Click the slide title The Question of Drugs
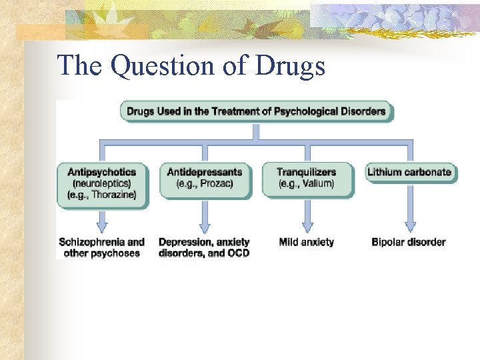tap(191, 66)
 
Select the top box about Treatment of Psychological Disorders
tap(256, 111)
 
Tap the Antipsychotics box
tap(102, 183)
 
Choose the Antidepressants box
tap(205, 178)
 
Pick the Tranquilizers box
tap(307, 178)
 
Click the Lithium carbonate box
tap(409, 172)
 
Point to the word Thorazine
tap(114, 195)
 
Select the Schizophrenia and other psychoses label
tap(101, 247)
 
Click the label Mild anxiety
tap(306, 242)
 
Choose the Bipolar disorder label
tap(408, 242)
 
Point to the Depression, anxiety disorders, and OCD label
tap(204, 247)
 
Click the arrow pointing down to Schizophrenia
tap(102, 220)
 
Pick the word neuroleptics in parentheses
tap(101, 183)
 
